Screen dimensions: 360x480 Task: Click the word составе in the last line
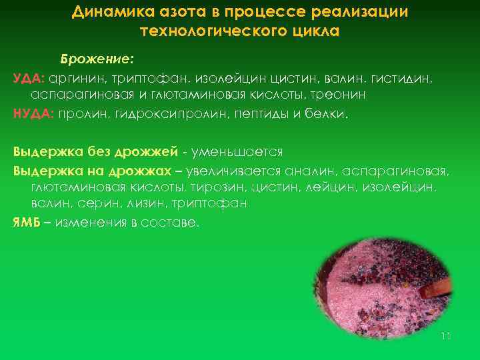coord(175,222)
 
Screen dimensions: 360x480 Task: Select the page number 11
coord(446,336)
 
